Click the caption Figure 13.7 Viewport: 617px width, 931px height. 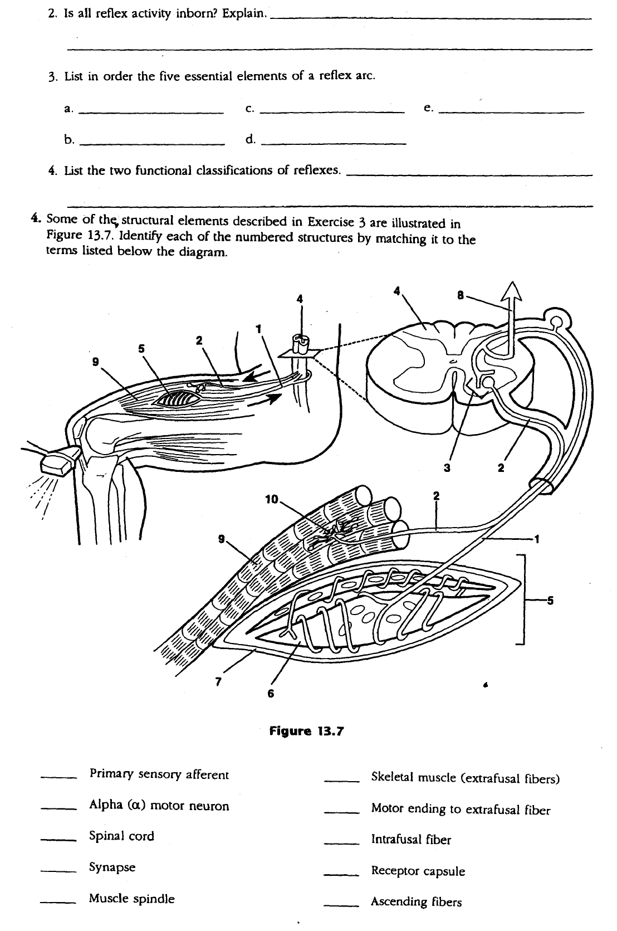click(x=306, y=730)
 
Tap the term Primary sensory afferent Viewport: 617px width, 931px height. click(x=159, y=774)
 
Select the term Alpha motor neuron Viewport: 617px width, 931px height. click(x=159, y=806)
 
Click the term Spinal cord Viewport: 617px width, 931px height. click(x=121, y=836)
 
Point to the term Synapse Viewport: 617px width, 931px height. click(x=112, y=867)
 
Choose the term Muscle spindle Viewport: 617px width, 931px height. click(x=131, y=898)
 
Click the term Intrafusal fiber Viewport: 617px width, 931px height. click(x=411, y=840)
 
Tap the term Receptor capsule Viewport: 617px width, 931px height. click(x=418, y=871)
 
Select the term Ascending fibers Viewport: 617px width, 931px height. click(x=416, y=901)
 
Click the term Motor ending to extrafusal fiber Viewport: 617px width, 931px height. click(x=461, y=810)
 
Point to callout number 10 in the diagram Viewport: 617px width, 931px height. click(x=272, y=499)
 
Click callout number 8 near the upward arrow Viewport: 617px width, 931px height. click(x=461, y=295)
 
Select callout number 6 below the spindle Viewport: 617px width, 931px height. click(x=271, y=694)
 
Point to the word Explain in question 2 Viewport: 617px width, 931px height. click(x=243, y=13)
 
